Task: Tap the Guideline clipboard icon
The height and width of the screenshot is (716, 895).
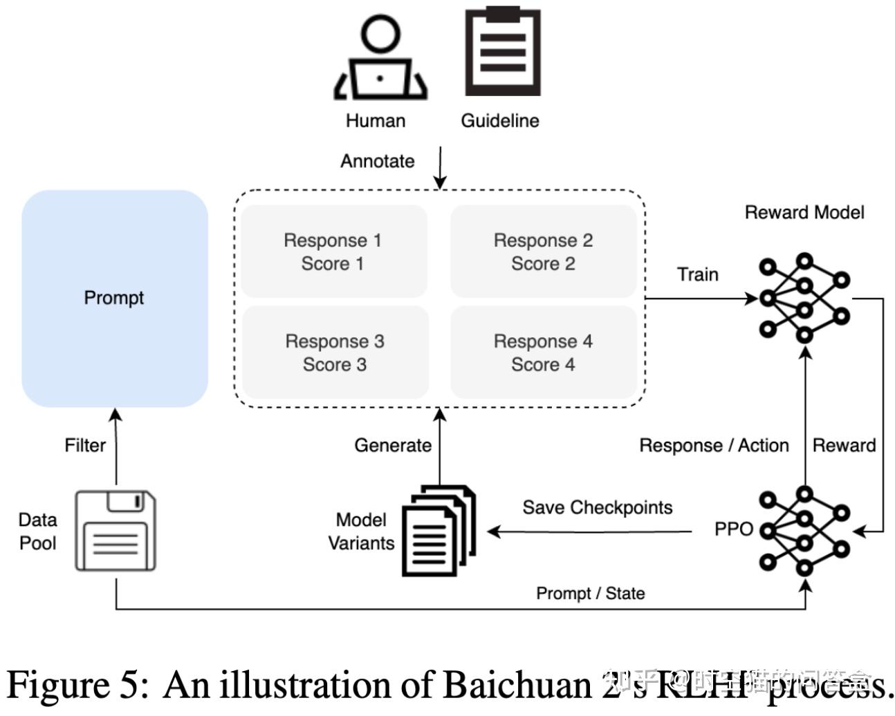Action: (x=501, y=52)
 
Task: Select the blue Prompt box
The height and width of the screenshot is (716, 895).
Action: (x=115, y=299)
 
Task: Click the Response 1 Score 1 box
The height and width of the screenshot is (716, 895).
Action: (x=333, y=252)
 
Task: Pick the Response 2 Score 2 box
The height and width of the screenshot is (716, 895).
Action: (x=543, y=252)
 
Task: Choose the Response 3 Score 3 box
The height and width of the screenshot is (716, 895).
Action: (x=335, y=352)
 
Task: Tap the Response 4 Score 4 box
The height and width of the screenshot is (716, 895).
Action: (x=543, y=352)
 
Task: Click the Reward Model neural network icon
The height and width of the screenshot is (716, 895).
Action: (x=804, y=298)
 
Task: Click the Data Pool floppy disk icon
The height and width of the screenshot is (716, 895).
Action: (x=116, y=531)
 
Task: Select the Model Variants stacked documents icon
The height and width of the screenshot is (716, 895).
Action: (x=439, y=531)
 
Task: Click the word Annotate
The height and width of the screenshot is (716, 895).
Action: (x=378, y=161)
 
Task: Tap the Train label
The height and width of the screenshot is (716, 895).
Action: (x=697, y=274)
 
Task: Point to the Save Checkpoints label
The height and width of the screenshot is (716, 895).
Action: (x=597, y=507)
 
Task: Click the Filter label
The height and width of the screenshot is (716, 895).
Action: (x=85, y=445)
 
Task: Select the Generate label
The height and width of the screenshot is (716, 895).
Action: (x=393, y=445)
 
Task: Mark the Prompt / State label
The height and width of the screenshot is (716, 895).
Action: (x=590, y=593)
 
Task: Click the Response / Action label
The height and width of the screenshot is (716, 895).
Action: (x=713, y=445)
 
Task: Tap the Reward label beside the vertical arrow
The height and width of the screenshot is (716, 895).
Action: (x=844, y=445)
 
